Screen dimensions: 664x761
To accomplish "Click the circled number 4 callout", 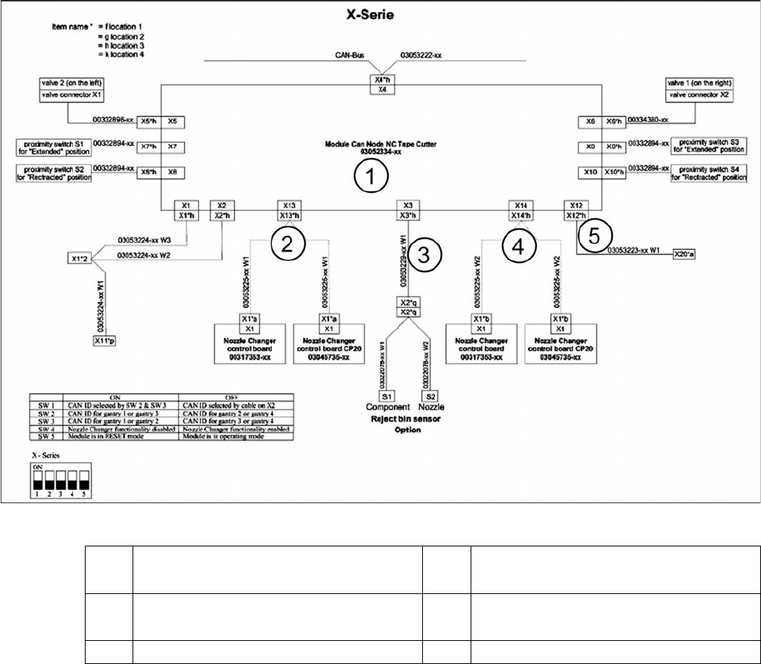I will coord(519,246).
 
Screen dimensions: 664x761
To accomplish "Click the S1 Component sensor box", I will coord(388,396).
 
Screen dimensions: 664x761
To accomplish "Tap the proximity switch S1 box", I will coord(52,146).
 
